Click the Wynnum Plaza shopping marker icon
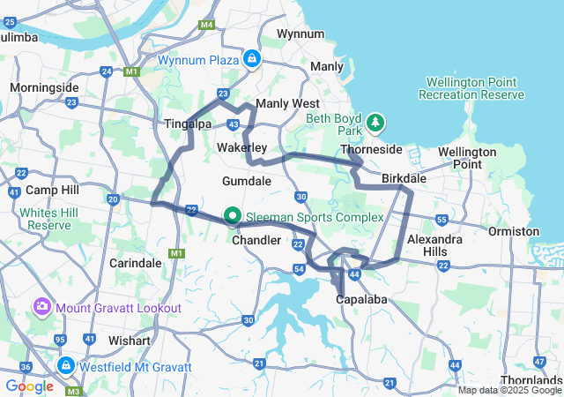point(252,58)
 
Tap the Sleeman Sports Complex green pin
point(233,215)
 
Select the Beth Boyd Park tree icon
point(376,122)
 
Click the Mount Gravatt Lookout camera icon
point(41,307)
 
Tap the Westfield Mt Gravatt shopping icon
point(65,363)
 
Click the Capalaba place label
point(362,300)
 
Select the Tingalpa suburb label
point(187,124)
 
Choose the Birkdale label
point(404,178)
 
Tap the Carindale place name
point(135,263)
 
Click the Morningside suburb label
point(44,87)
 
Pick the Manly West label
point(280,104)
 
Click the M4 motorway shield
point(207,25)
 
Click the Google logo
point(29,386)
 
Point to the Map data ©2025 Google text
point(509,390)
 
